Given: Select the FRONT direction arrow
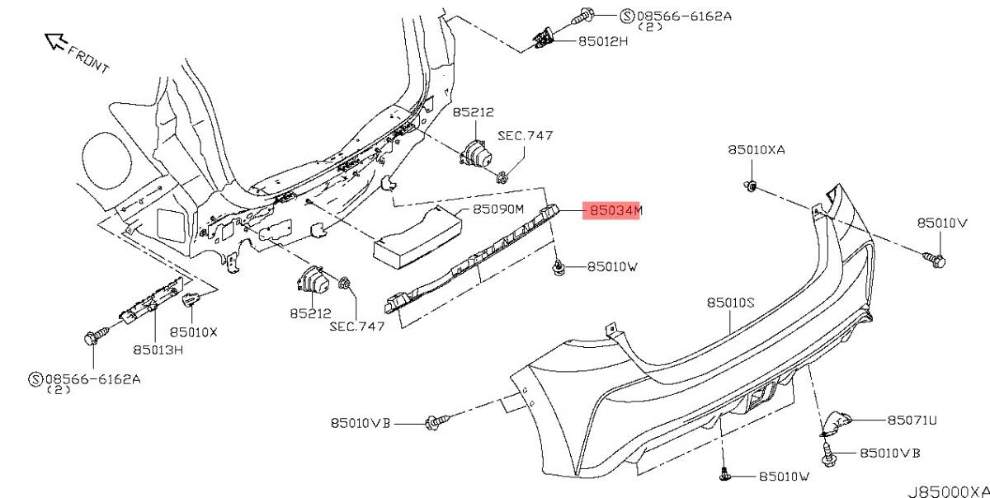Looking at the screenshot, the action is click(56, 40).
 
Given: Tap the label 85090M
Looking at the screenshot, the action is click(497, 209).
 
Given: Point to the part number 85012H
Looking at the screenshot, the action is click(603, 41).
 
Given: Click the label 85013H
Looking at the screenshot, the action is click(158, 350).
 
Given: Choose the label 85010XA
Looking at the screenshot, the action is click(757, 150).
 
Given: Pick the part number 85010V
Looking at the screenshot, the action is click(942, 223).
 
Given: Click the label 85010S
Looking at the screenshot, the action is click(731, 303).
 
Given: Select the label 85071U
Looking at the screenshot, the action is click(912, 420).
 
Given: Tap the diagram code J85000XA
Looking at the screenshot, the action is click(949, 491).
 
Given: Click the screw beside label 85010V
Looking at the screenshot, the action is click(934, 260).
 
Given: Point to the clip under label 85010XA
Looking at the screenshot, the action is click(751, 186).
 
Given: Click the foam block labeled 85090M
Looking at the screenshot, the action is click(417, 237).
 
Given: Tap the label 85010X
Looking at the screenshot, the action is click(194, 332).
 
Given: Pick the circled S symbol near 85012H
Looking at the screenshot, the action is click(627, 16).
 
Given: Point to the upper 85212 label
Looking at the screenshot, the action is click(473, 112).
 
